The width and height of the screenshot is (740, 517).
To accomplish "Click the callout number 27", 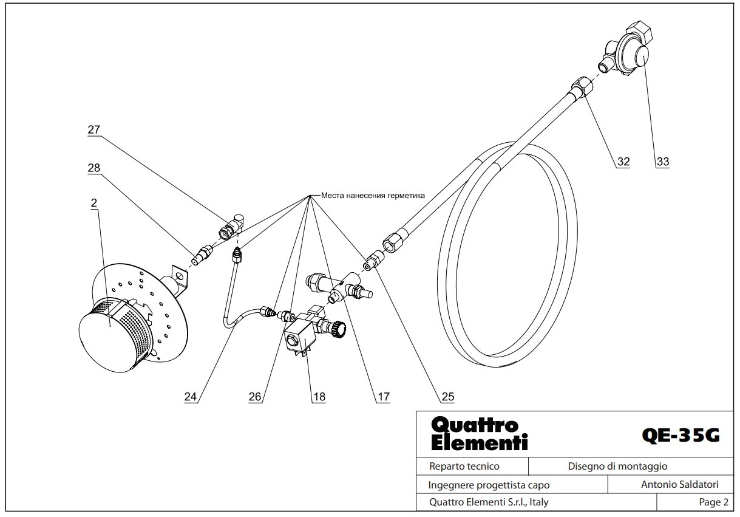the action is point(94,129).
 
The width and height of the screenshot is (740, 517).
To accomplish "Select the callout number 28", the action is point(94,168).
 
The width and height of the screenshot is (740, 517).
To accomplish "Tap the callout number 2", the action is point(94,203).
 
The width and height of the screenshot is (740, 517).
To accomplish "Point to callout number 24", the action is point(190,396).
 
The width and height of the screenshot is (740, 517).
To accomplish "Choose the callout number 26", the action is point(255,396).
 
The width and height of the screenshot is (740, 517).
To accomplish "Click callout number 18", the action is point(319,396).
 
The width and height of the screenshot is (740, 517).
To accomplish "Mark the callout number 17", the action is point(384,396).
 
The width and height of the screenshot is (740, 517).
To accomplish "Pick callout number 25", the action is point(448,396).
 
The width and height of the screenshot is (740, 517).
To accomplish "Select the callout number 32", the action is point(623,162).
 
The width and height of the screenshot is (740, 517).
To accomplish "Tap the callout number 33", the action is point(663,162).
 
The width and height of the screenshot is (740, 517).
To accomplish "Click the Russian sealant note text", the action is point(373,196).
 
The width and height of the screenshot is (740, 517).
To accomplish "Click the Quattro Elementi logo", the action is point(480,434).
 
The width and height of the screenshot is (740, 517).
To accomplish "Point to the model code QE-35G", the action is point(681,436).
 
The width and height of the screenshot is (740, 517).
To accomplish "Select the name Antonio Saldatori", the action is point(680,484).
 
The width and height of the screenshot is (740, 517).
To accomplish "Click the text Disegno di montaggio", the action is point(617,466).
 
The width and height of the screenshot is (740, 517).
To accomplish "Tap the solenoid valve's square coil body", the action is point(299,338).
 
